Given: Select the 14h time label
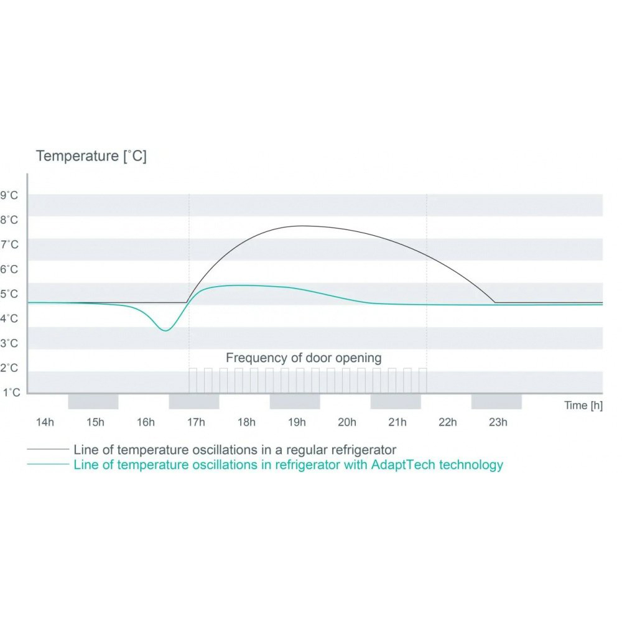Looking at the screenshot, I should [x=45, y=423].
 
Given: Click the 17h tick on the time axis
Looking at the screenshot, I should [x=195, y=423].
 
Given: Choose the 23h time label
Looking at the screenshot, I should [x=498, y=423].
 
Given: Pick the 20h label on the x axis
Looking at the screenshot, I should [x=346, y=423].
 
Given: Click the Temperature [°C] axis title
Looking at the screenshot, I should [x=91, y=156].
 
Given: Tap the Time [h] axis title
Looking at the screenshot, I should [x=583, y=406].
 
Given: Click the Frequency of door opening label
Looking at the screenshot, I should [x=304, y=358].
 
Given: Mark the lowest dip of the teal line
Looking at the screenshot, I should [x=165, y=330].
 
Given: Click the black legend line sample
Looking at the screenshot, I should [x=47, y=448].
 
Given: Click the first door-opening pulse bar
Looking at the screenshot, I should [x=193, y=380].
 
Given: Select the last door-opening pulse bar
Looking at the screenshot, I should [x=422, y=380].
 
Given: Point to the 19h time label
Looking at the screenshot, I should [x=296, y=423].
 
